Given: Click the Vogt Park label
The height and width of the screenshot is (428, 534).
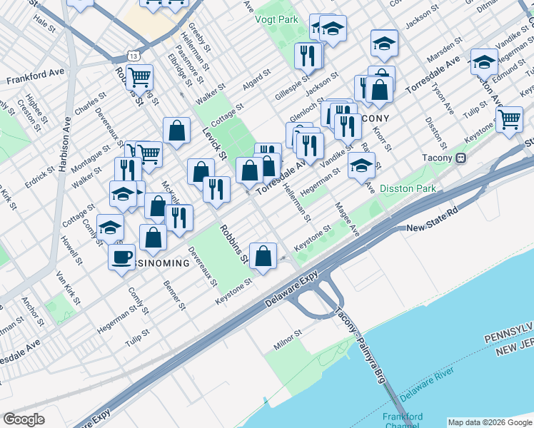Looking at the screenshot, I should [x=277, y=19].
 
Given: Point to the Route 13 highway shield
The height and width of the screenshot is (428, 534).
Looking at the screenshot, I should [x=133, y=54].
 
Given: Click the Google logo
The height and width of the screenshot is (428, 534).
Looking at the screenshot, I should [x=24, y=419].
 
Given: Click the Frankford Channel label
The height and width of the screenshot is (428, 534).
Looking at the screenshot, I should [x=403, y=421].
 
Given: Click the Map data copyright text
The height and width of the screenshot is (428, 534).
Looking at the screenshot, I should [x=490, y=422].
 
